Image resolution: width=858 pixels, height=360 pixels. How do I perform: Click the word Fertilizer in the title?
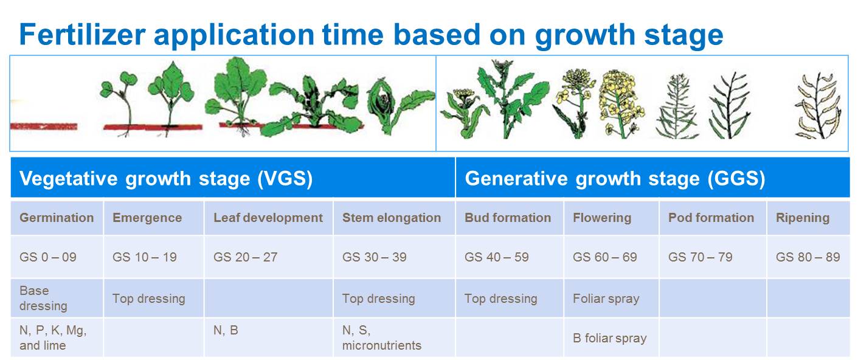point(82,35)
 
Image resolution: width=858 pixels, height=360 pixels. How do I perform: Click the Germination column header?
point(57,218)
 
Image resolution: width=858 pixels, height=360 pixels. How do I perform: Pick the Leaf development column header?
point(268,218)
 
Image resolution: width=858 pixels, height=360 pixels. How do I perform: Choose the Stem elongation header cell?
point(394,218)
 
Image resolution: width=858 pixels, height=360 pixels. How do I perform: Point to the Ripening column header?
point(808,218)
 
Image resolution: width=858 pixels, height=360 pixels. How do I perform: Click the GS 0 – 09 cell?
point(57,257)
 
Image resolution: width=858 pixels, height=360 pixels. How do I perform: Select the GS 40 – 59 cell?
point(510,257)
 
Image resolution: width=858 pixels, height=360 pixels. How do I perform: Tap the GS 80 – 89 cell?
point(808,257)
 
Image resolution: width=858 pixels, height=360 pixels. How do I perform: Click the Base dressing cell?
point(57,298)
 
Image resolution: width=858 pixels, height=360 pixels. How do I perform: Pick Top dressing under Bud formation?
point(510,299)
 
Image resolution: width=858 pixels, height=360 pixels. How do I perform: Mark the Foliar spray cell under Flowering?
point(611,299)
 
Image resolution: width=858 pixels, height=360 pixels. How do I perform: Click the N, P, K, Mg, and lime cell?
point(57,337)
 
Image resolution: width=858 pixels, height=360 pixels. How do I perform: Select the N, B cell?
point(268,337)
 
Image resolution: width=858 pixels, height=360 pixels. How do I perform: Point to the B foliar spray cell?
point(611,337)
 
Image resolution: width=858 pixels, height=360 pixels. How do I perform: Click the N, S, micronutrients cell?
point(394,337)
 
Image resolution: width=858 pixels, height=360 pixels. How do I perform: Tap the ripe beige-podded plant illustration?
point(818,105)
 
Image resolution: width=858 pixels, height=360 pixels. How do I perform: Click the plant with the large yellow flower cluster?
point(621,103)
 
